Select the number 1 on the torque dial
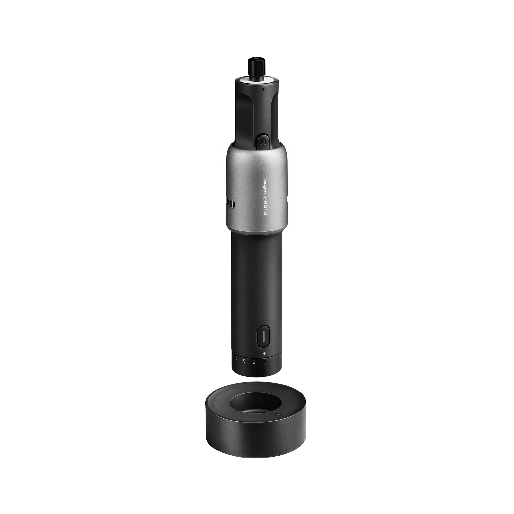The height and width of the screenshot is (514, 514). (x=264, y=362)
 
